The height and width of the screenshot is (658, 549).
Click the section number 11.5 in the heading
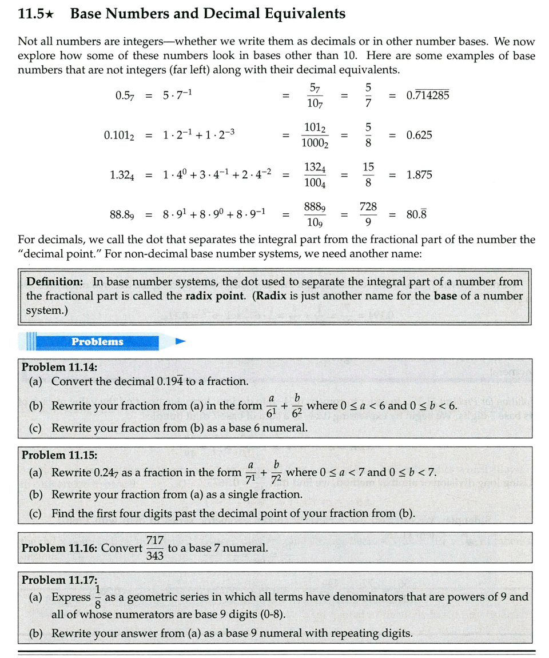(x=31, y=14)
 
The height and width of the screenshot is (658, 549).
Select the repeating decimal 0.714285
(x=427, y=95)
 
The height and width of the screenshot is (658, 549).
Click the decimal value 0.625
(x=419, y=135)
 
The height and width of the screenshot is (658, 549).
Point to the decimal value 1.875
(x=419, y=175)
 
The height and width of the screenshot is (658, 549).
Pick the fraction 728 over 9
(x=368, y=214)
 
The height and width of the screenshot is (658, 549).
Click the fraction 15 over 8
(x=368, y=175)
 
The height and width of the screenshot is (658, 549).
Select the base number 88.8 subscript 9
(x=122, y=215)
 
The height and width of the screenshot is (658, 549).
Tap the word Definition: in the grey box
(x=55, y=281)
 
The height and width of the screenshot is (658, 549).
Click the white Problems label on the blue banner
(x=97, y=342)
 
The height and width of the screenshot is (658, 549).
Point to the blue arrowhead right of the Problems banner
(x=181, y=342)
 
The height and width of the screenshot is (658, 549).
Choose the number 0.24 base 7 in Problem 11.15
(x=106, y=473)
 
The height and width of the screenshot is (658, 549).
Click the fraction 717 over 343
(x=155, y=548)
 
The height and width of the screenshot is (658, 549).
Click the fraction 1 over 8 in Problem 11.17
(x=98, y=597)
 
